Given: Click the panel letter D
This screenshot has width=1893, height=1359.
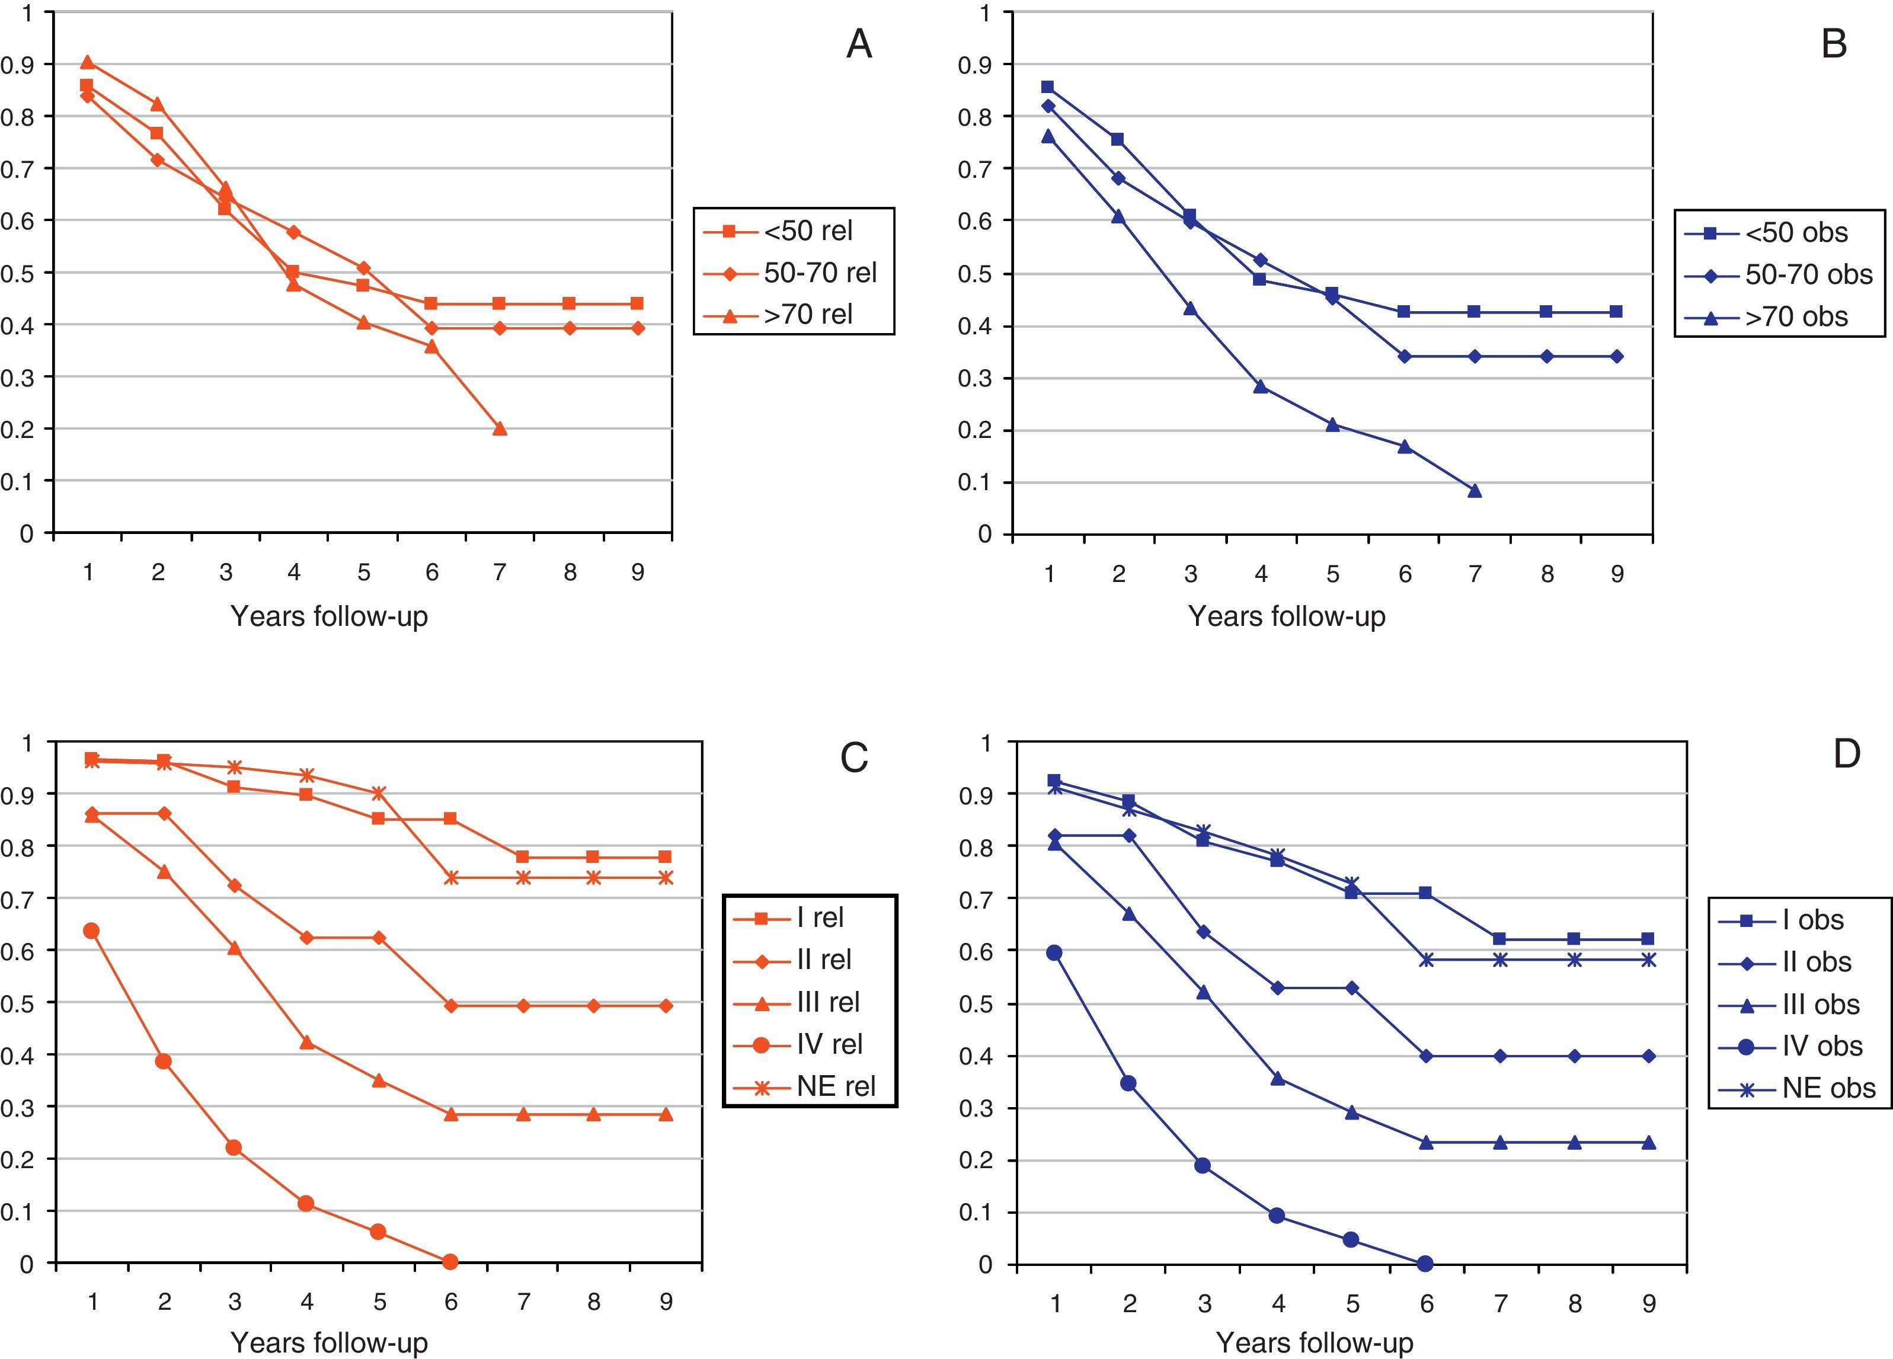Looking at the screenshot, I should [x=1846, y=754].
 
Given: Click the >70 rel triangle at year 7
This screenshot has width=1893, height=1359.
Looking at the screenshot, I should [x=500, y=429].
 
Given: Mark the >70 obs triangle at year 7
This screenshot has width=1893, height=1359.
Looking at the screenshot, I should [x=1475, y=490].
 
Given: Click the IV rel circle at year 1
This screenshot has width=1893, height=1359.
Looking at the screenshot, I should [x=92, y=930].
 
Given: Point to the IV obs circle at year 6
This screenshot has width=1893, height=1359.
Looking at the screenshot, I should [x=1425, y=1263].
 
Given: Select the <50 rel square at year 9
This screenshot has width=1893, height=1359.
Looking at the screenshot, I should [x=637, y=303].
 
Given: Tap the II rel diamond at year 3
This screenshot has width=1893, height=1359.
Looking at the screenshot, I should [x=235, y=885].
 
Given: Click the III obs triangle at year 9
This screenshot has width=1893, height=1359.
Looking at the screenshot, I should [x=1649, y=1143].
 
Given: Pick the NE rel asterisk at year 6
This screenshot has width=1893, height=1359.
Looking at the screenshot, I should [x=452, y=877].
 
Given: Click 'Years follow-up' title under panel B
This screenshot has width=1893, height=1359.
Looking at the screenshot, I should [x=1286, y=616].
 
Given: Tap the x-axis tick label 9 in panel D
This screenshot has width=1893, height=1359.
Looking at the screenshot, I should [x=1649, y=1304].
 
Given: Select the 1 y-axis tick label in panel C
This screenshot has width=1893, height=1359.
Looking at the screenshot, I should [x=27, y=742].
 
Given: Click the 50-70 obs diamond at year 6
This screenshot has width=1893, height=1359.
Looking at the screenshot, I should [x=1405, y=356].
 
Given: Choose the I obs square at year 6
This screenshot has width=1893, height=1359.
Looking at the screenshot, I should [x=1425, y=893].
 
